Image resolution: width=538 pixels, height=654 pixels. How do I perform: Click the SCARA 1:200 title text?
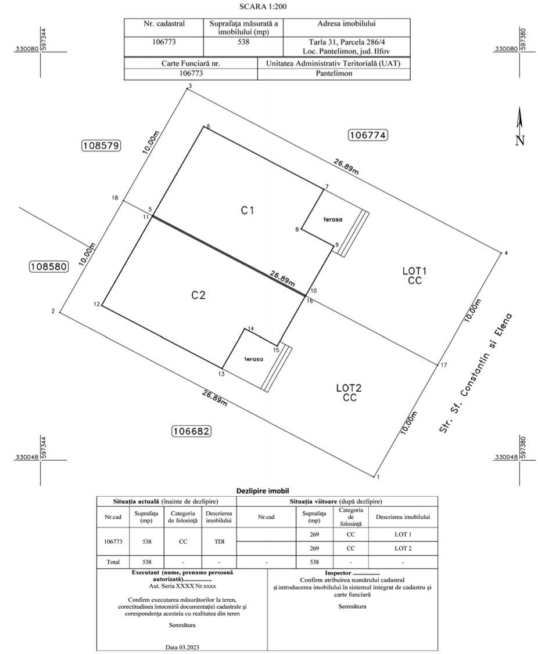[x=263, y=6]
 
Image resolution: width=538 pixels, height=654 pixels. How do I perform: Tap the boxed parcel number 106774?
[x=368, y=135]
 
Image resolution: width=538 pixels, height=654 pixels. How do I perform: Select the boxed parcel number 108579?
[x=101, y=146]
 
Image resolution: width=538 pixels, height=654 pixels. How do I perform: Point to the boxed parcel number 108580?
[x=48, y=266]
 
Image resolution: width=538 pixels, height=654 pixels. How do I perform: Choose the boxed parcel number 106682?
[x=191, y=431]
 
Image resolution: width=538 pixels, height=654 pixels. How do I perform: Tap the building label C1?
[x=248, y=211]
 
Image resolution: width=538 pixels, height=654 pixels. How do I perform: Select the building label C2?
[x=198, y=295]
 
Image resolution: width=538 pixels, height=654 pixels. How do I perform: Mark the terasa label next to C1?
[x=333, y=219]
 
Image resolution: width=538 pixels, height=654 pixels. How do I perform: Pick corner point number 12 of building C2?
[x=102, y=306]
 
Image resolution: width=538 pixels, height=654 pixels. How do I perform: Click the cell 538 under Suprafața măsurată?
[x=243, y=42]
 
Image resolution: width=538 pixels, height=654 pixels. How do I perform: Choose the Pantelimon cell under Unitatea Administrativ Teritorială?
[x=333, y=73]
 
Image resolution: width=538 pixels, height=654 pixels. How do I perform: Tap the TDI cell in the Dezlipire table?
[x=219, y=541]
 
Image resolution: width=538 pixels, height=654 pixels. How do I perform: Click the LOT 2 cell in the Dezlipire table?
[x=403, y=548]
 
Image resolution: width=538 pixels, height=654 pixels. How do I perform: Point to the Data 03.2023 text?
[x=182, y=648]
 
